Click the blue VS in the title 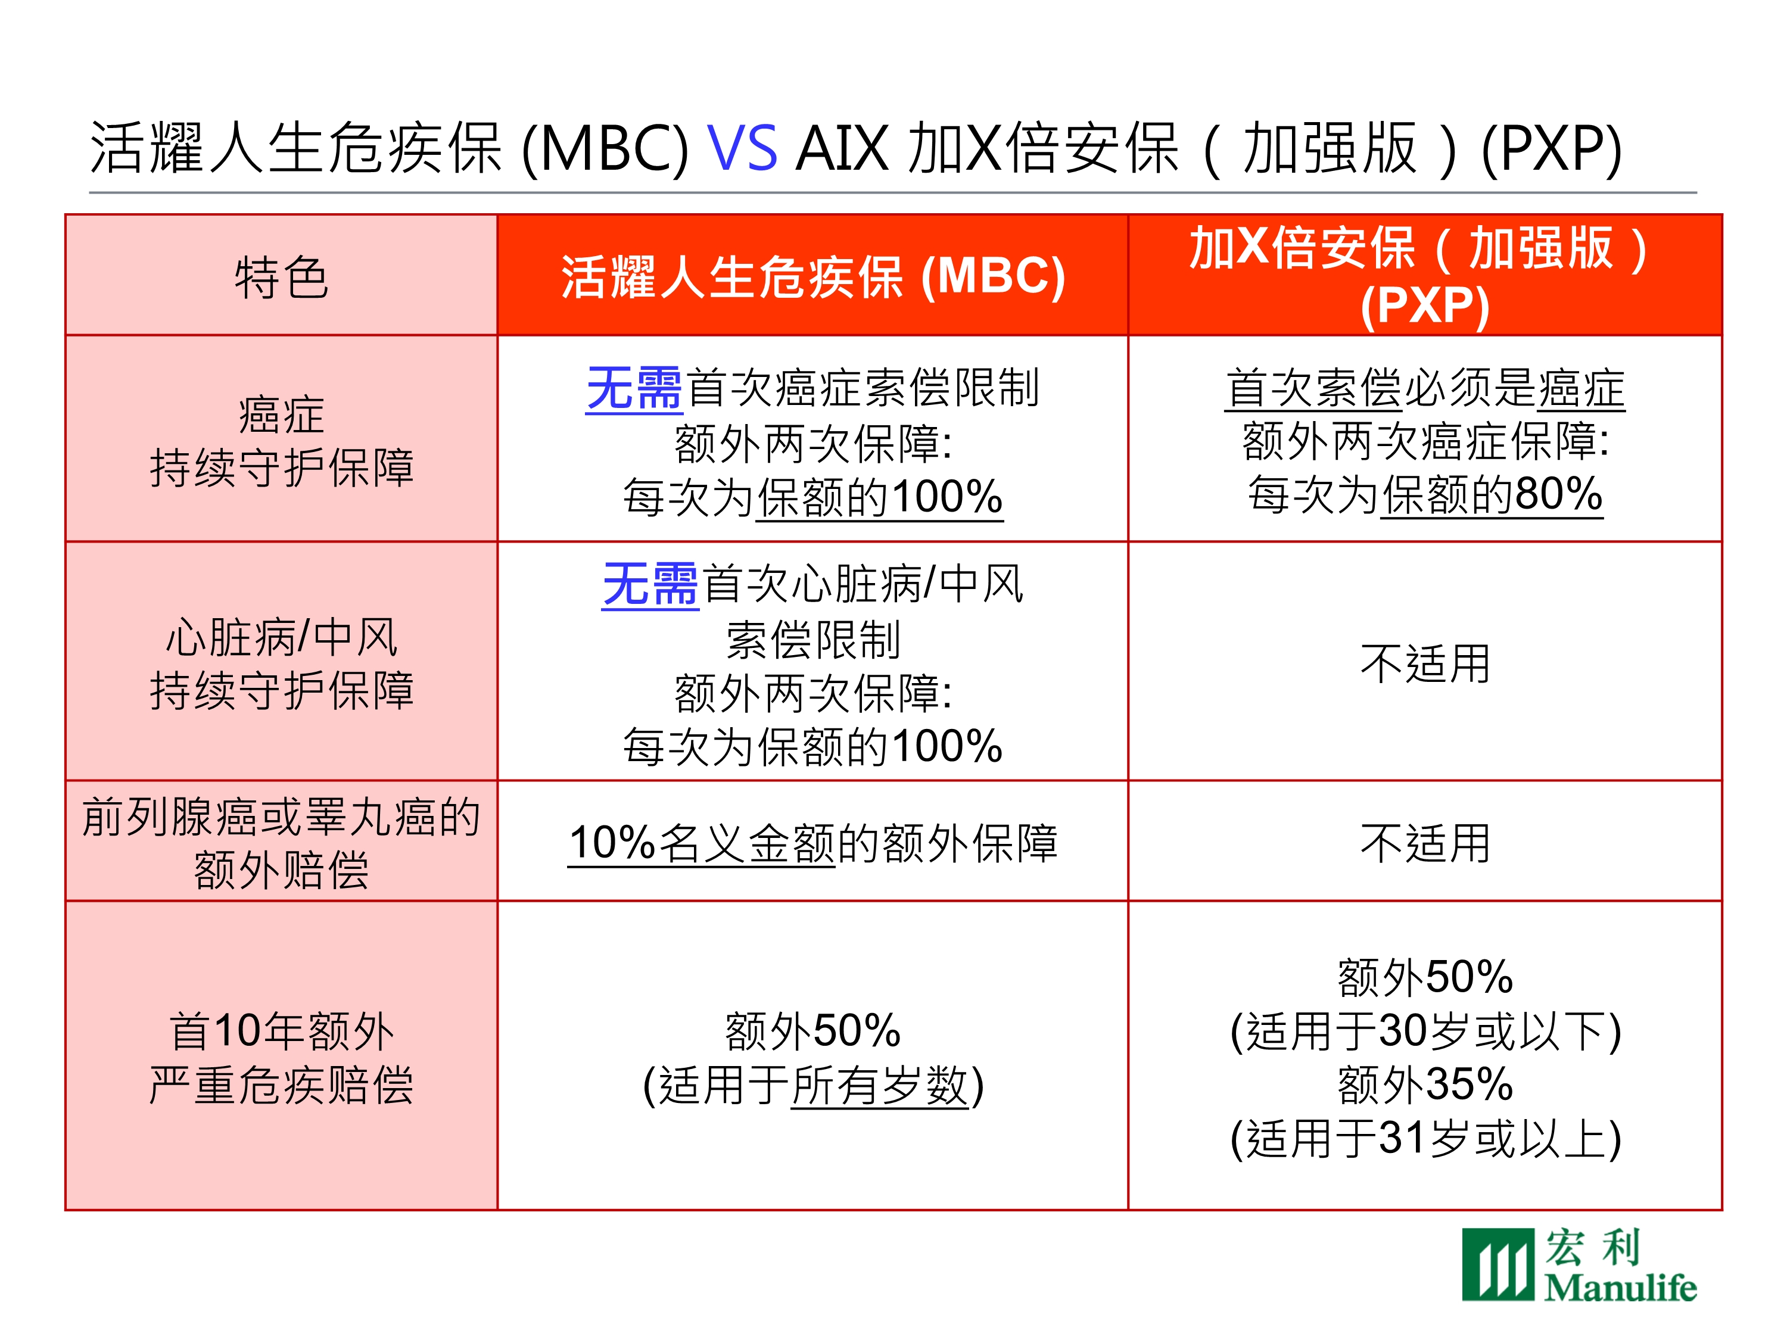click(x=742, y=149)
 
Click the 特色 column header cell click(x=281, y=275)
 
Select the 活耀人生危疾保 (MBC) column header click(x=812, y=275)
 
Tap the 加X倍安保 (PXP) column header click(x=1425, y=275)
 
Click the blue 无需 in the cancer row click(x=634, y=388)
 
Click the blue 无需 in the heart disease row click(x=650, y=584)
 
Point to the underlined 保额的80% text click(x=1492, y=494)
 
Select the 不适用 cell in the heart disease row click(x=1425, y=663)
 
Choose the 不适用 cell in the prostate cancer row click(x=1425, y=843)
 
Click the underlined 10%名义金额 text click(x=701, y=843)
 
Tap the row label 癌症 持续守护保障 click(x=281, y=441)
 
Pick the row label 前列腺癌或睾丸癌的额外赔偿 click(x=281, y=843)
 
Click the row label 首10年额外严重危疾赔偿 click(x=281, y=1057)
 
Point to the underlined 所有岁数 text click(x=880, y=1085)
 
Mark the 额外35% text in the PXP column click(x=1425, y=1084)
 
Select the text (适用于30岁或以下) click(x=1425, y=1031)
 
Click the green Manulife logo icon click(x=1497, y=1264)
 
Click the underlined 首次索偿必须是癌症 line click(x=1425, y=388)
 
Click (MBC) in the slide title click(x=606, y=149)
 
